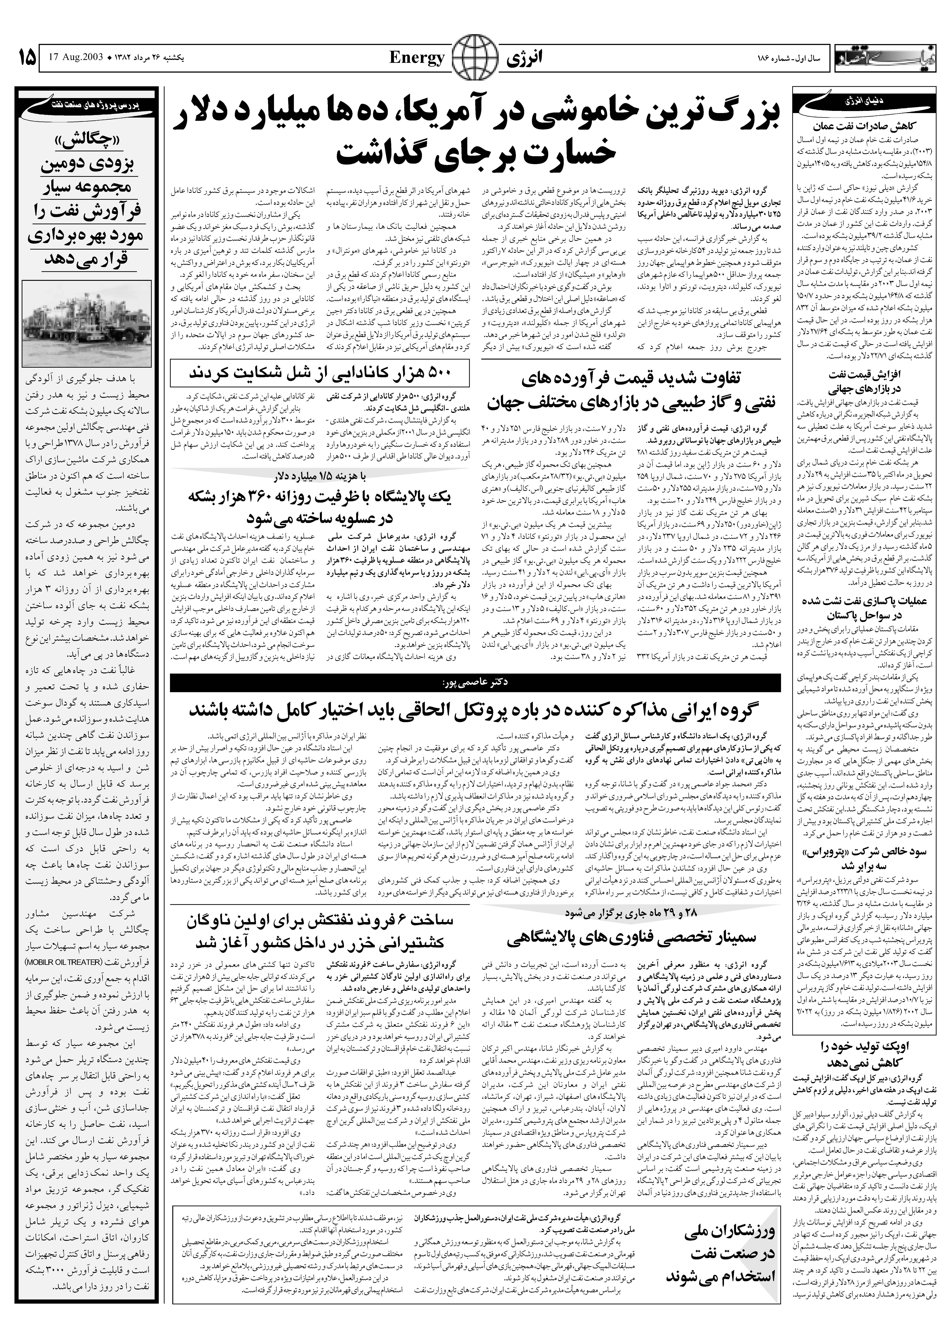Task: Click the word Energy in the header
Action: point(417,58)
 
